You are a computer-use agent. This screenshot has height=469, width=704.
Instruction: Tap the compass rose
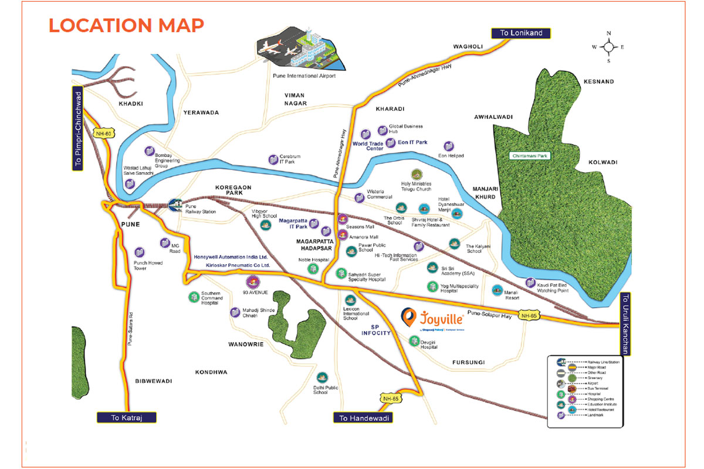click(x=608, y=46)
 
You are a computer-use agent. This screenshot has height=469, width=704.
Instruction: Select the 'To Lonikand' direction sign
click(x=520, y=33)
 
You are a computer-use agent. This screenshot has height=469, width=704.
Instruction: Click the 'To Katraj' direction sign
click(x=127, y=417)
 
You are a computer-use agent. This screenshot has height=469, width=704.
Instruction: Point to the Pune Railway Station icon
click(x=174, y=204)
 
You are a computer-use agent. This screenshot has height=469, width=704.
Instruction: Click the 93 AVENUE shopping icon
click(x=252, y=281)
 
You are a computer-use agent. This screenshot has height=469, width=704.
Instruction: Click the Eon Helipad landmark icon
click(x=449, y=146)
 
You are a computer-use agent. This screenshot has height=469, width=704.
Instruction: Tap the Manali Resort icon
click(x=497, y=290)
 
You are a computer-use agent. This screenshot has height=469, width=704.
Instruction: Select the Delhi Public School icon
click(x=321, y=378)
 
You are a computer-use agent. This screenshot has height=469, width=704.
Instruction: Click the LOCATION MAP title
click(x=126, y=25)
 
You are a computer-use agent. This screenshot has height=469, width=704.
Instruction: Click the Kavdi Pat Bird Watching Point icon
click(x=530, y=283)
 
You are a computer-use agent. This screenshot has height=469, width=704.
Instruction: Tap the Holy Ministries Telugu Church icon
click(x=416, y=175)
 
